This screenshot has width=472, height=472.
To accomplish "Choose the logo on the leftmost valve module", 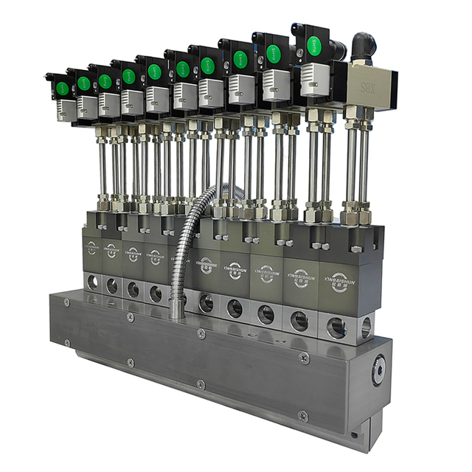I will (x=91, y=248).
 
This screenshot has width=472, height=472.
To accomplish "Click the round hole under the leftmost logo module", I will (x=91, y=281).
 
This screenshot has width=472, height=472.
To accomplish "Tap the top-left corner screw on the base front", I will (x=66, y=302).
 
